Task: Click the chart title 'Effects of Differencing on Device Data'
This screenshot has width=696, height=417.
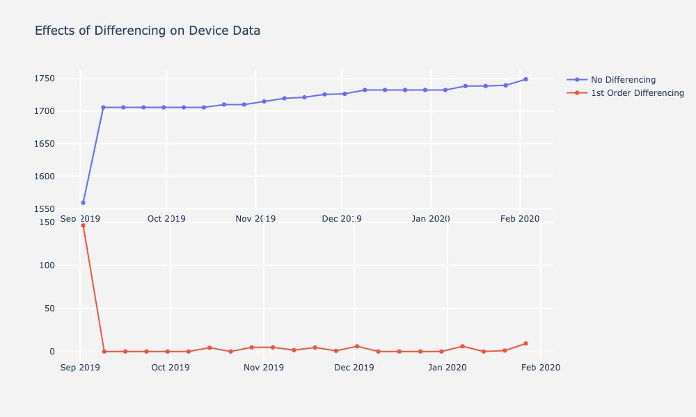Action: coord(147,31)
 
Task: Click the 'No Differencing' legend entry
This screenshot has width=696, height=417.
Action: coord(623,79)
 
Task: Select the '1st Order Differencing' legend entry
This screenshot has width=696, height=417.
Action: coord(637,93)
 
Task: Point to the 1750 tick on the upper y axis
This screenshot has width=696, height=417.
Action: coord(45,79)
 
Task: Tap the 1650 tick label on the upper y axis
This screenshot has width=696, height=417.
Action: coord(45,144)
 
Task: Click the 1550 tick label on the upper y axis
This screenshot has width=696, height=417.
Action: coord(45,208)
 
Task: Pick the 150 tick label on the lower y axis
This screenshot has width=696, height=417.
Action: coord(47,222)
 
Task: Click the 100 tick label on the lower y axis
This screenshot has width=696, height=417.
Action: coord(47,265)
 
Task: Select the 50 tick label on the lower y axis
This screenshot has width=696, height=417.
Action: coord(49,309)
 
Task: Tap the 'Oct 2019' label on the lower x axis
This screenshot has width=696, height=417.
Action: coord(171,368)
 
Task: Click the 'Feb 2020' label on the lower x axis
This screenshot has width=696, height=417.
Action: coord(540,368)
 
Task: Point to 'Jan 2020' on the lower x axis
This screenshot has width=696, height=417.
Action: coord(447,368)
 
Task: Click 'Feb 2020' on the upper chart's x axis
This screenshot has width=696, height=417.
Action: coord(520,219)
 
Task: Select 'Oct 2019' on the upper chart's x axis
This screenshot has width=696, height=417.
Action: coord(166,219)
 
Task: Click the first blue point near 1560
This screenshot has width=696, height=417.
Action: coord(83,203)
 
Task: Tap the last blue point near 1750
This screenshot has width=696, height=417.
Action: coord(525,79)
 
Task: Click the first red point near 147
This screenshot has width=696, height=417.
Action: coord(83,225)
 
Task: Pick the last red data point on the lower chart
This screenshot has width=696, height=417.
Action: coord(525,343)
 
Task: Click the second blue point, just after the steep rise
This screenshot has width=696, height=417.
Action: coord(103,107)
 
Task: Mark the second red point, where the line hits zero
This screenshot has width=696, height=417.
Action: coord(104,352)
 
